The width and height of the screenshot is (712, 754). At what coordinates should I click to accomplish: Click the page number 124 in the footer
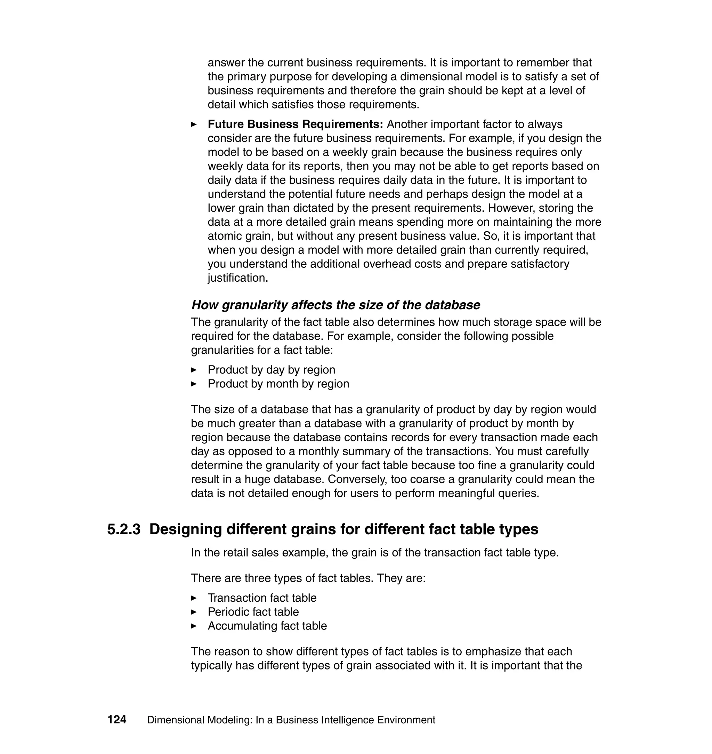click(116, 720)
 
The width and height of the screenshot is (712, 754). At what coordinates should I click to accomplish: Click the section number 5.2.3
click(124, 529)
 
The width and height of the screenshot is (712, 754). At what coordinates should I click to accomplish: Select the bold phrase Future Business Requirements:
click(295, 124)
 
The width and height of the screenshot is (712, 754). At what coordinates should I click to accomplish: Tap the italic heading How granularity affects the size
click(335, 305)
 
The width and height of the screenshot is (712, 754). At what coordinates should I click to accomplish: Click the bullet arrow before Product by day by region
click(194, 370)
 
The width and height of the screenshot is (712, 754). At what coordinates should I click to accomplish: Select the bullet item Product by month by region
click(278, 384)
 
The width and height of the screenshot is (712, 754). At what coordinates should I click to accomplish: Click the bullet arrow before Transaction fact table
click(194, 598)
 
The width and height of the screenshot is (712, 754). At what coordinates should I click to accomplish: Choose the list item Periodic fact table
click(253, 612)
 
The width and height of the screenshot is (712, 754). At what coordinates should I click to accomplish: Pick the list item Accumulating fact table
click(267, 626)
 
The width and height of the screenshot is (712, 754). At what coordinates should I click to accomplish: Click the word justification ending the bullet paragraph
click(237, 278)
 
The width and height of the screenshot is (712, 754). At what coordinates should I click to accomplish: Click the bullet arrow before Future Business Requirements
click(194, 124)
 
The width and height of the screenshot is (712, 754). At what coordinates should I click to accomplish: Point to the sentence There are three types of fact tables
click(308, 578)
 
